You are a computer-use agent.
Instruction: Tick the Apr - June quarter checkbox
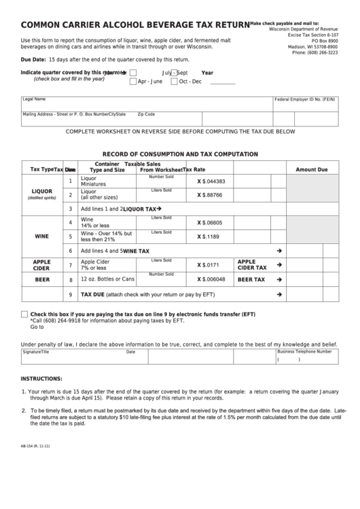(133, 82)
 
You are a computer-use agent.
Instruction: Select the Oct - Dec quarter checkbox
(174, 82)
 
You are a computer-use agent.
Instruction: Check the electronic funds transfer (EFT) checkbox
(24, 314)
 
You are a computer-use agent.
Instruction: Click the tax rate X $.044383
(211, 181)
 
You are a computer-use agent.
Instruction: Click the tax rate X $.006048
(211, 279)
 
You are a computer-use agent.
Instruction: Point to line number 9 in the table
(71, 295)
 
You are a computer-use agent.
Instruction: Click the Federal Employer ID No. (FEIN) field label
(305, 99)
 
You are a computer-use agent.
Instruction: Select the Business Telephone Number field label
(304, 352)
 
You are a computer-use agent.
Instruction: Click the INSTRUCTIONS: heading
(41, 378)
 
